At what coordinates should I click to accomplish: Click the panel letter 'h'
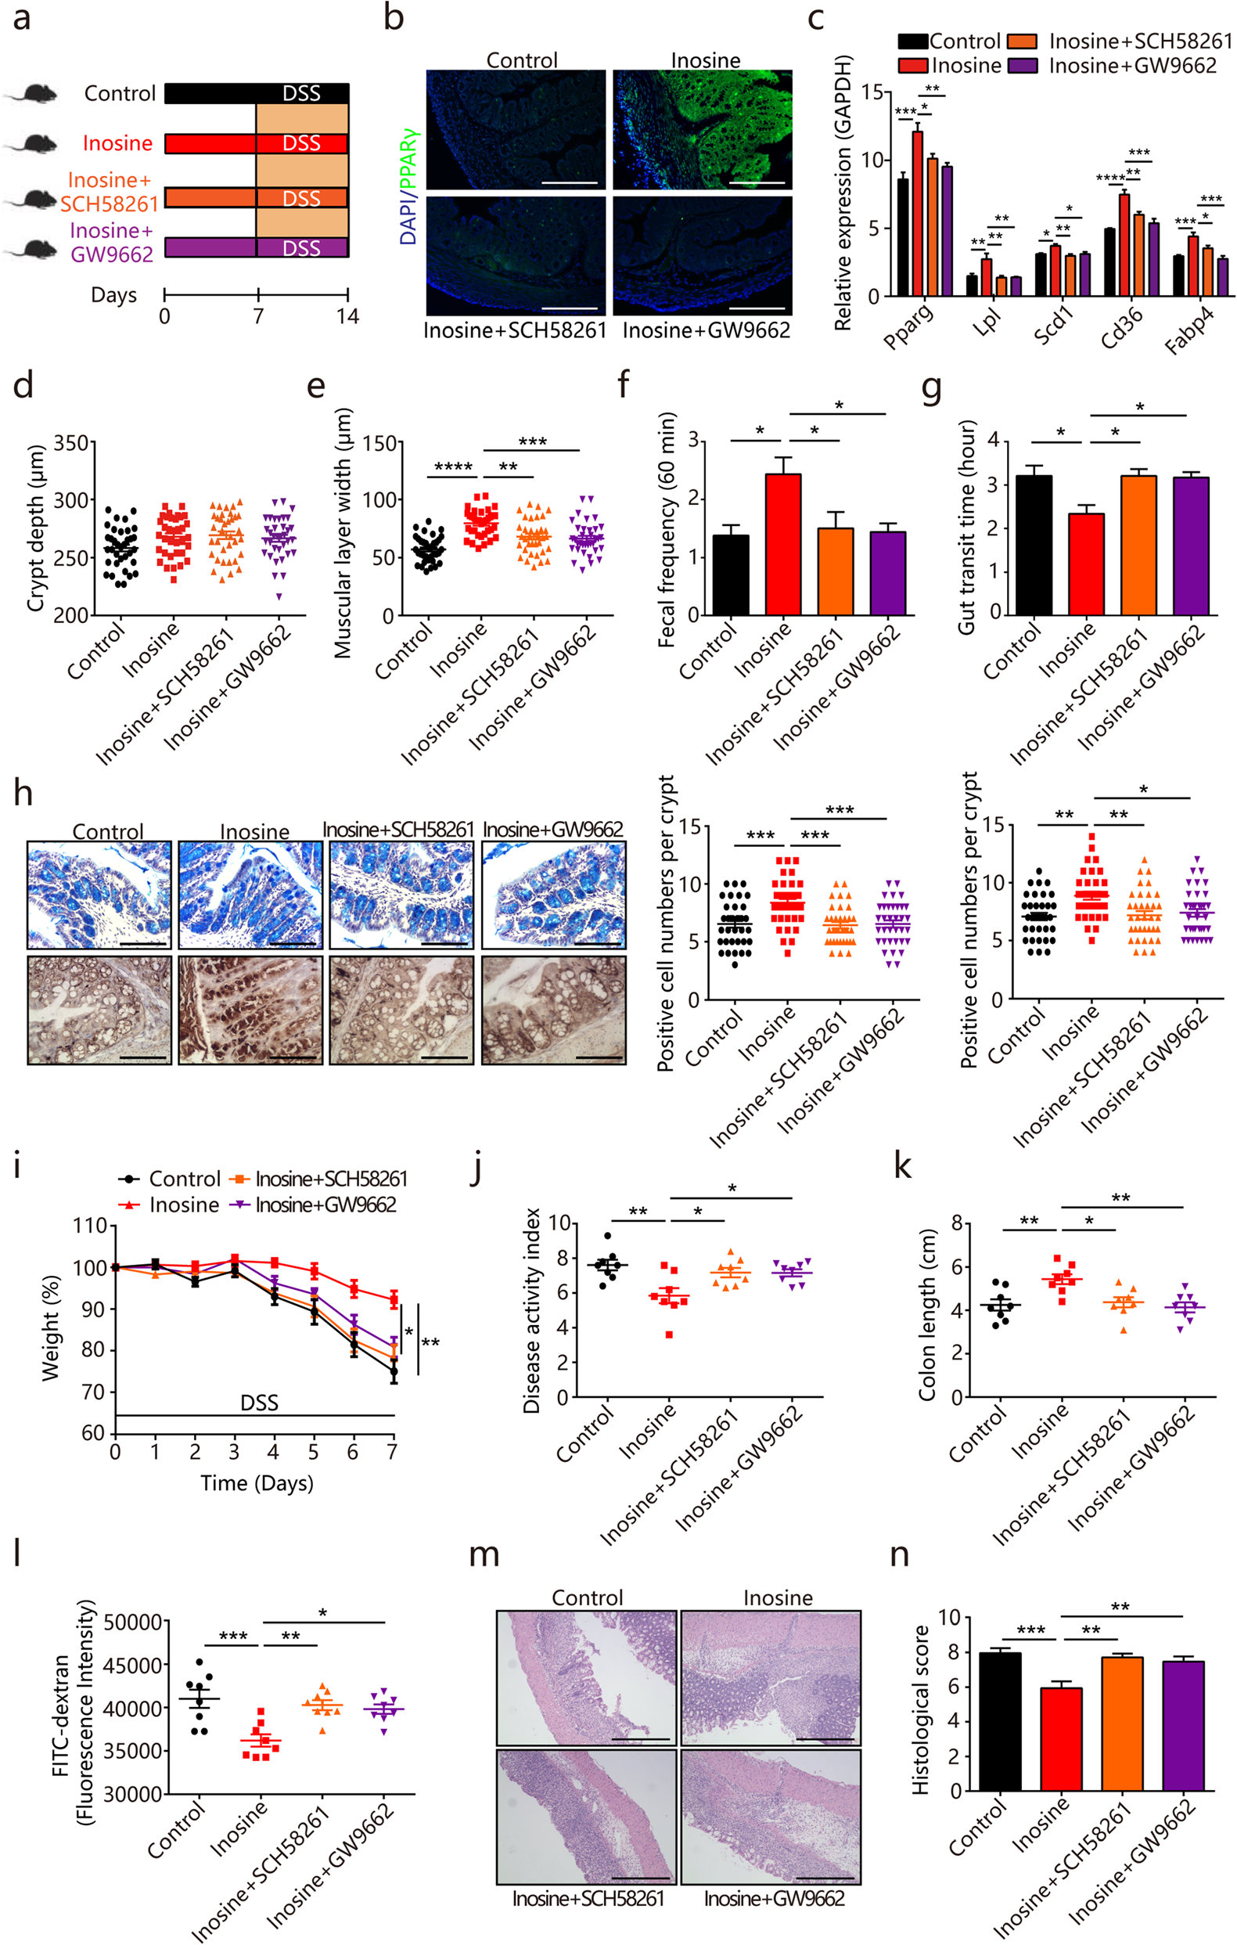(x=23, y=793)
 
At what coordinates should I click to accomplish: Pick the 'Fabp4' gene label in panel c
(x=1188, y=332)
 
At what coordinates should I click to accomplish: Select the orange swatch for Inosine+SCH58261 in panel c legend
(x=1021, y=41)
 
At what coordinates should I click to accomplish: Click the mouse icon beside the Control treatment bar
(x=32, y=94)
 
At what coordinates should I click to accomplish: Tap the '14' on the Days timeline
(x=347, y=316)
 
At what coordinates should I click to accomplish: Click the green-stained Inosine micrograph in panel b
(x=702, y=129)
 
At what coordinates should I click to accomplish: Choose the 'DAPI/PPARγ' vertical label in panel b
(x=408, y=185)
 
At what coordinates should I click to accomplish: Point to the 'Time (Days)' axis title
(x=257, y=1483)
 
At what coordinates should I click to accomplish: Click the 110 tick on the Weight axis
(x=90, y=1226)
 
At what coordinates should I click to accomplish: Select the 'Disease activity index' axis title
(x=531, y=1310)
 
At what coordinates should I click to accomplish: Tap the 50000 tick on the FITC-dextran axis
(x=134, y=1622)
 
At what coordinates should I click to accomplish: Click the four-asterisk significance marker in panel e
(x=452, y=466)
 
